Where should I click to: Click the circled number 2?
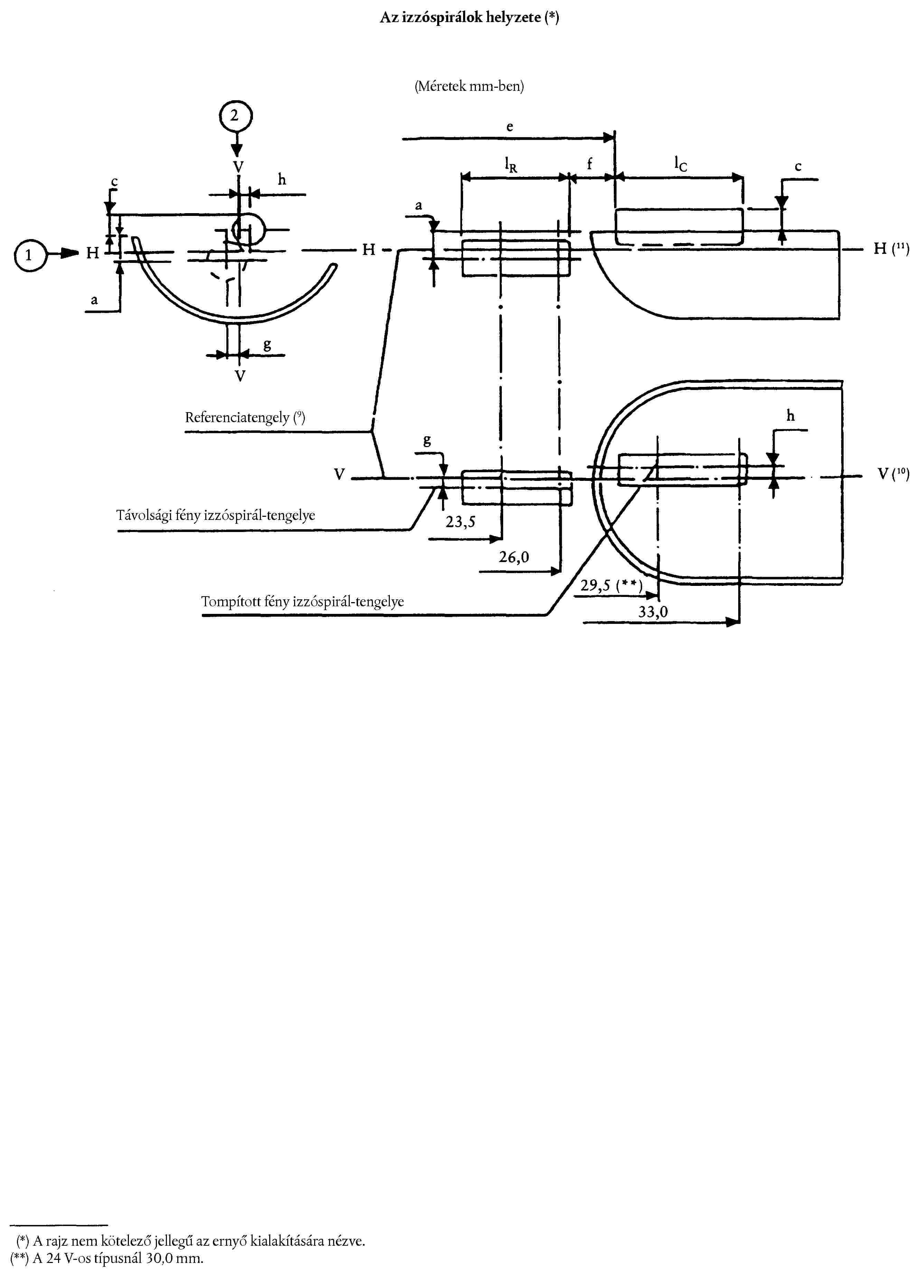point(235,116)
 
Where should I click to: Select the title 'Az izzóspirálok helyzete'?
point(469,17)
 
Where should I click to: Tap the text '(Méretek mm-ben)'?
point(469,86)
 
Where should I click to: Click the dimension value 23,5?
point(460,522)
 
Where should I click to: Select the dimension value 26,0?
point(514,557)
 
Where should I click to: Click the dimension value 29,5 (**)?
point(611,586)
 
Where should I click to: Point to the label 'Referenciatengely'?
point(245,418)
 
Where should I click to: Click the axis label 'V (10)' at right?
point(893,474)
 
